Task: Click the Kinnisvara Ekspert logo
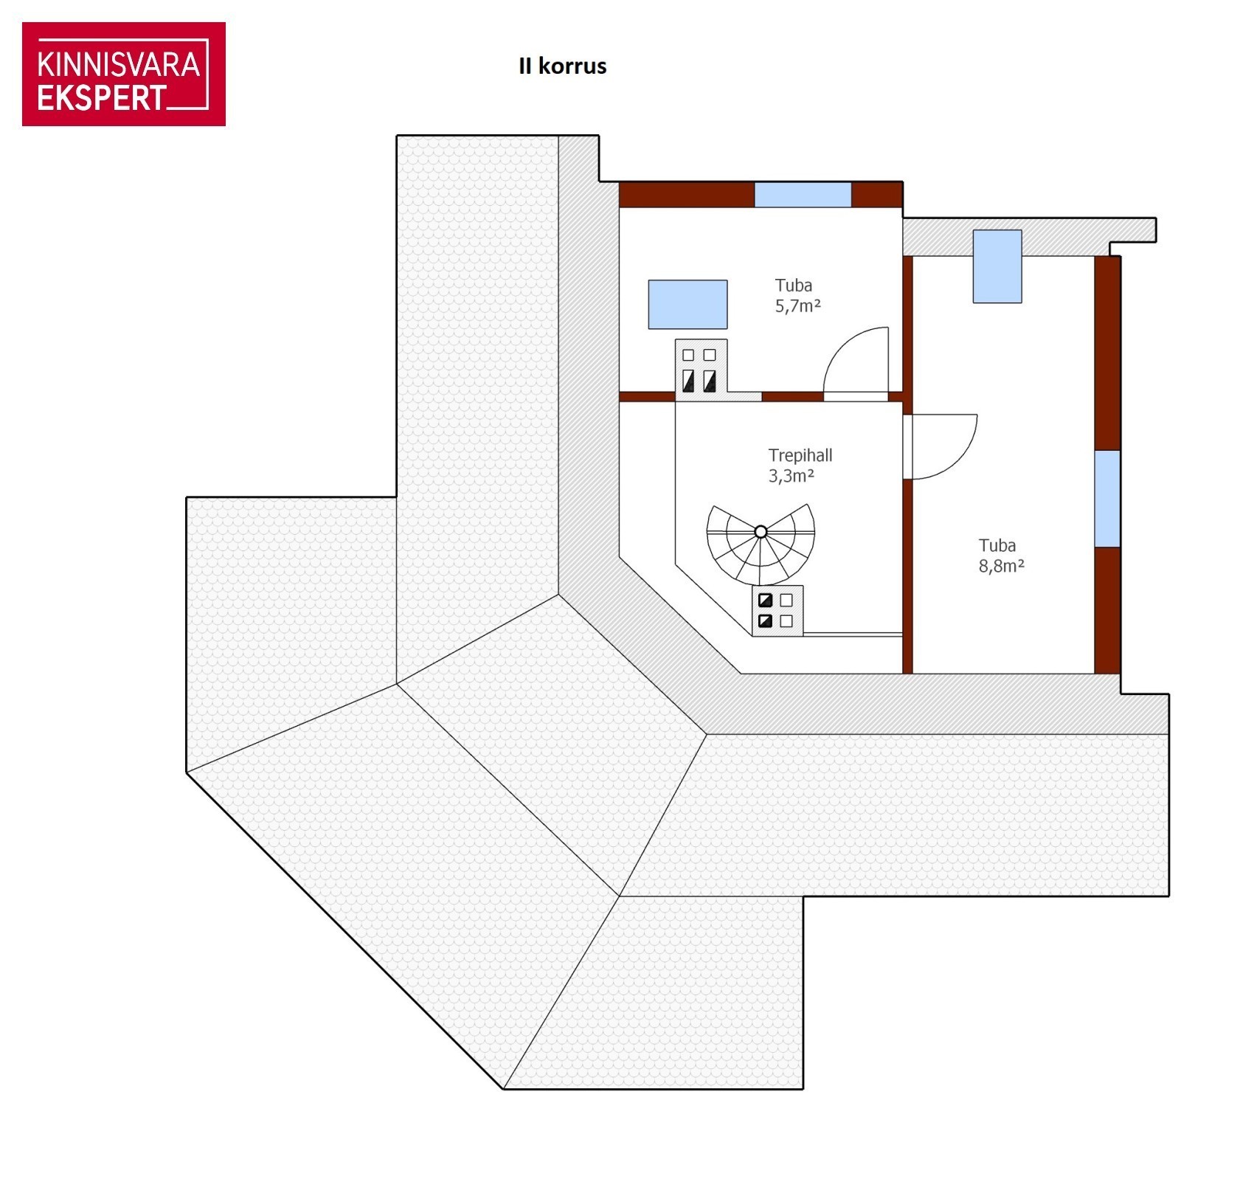(124, 74)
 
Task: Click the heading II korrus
(563, 66)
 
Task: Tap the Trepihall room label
(800, 455)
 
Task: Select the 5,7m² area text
(798, 306)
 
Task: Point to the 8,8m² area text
(1002, 566)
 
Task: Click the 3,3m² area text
(791, 476)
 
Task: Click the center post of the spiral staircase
(761, 532)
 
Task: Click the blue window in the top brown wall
(803, 195)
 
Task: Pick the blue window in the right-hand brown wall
(1107, 499)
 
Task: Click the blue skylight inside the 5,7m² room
(687, 304)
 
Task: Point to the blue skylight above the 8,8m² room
(997, 266)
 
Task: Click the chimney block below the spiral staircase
(777, 611)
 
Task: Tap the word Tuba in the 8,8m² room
(997, 546)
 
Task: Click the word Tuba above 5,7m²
(794, 286)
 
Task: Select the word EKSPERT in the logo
(102, 98)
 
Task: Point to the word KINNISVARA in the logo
(119, 65)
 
